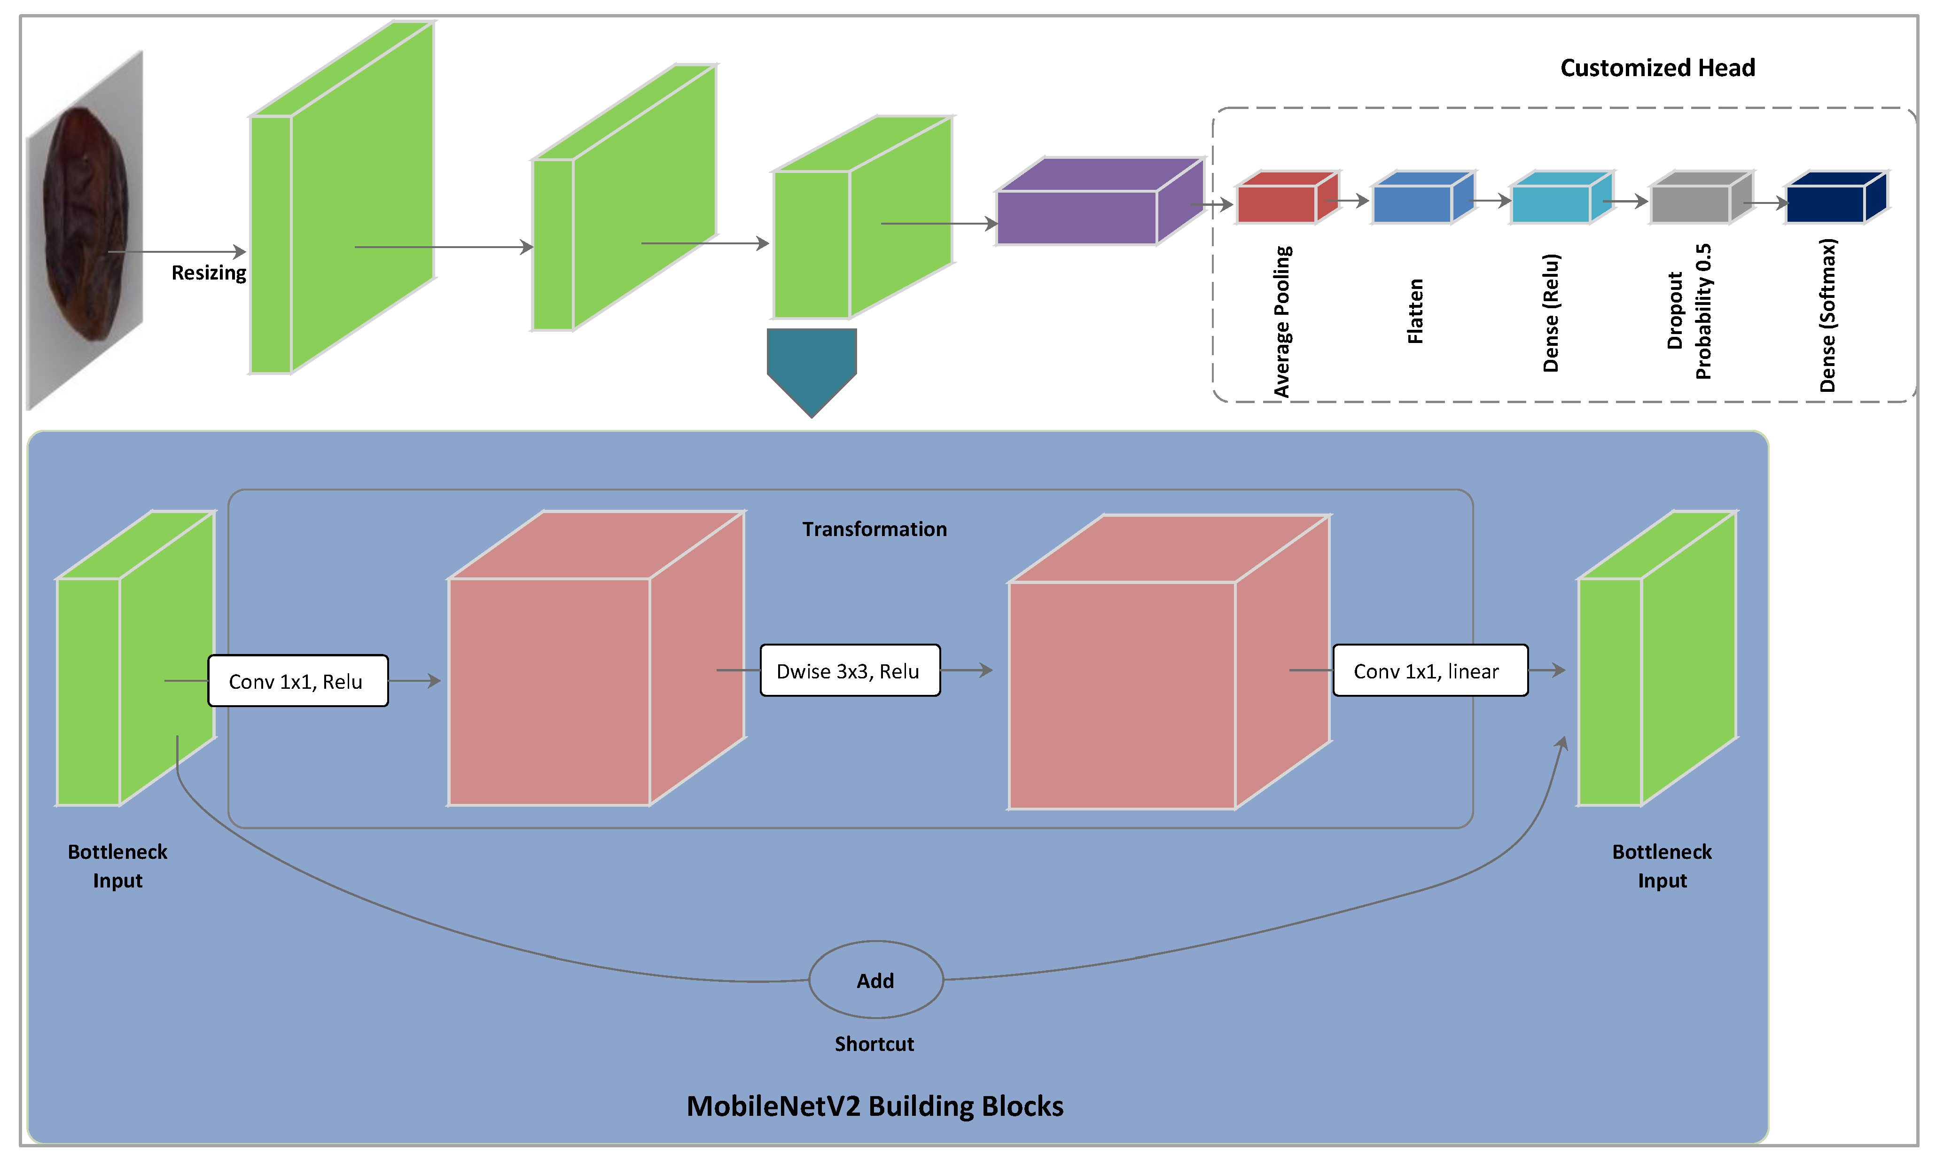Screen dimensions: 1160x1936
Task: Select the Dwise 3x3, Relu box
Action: point(850,670)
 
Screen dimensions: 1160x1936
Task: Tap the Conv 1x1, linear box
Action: point(1429,670)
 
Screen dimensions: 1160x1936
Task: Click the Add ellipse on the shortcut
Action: point(875,980)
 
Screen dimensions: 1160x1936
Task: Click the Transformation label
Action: point(874,529)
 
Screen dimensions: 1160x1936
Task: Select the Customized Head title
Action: point(1657,68)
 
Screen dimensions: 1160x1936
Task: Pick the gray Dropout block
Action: point(1691,203)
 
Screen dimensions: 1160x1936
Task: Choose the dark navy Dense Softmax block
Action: point(1827,203)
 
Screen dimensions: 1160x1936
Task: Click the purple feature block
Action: point(1078,216)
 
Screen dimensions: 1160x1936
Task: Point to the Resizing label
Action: point(209,273)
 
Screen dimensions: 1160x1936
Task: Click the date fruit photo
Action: point(85,226)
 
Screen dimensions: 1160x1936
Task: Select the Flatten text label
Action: point(1415,311)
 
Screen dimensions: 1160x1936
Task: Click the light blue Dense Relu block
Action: point(1552,203)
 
